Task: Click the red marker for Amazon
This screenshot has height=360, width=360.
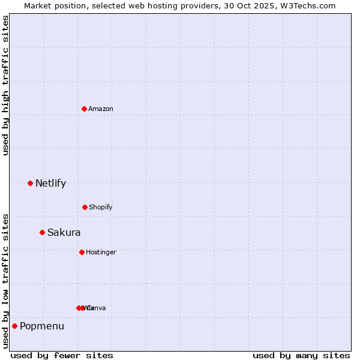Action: tap(84, 109)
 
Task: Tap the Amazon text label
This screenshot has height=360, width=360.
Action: tap(101, 109)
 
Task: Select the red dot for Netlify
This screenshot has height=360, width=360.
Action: tap(30, 183)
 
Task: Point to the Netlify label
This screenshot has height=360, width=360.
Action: tap(50, 183)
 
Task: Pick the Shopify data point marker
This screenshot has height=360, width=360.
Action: tap(85, 207)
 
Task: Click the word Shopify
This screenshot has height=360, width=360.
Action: tap(101, 207)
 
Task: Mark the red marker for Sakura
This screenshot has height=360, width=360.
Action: tap(42, 232)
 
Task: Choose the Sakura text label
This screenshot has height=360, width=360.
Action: tap(64, 232)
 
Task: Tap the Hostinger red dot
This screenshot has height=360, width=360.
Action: tap(82, 252)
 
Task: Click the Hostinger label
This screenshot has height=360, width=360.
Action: tap(101, 252)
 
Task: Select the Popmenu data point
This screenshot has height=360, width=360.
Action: tap(14, 326)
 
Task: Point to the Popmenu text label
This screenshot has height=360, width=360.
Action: tap(42, 326)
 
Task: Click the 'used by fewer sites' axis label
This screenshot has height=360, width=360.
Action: tap(62, 355)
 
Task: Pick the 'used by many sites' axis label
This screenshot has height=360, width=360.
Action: tap(301, 355)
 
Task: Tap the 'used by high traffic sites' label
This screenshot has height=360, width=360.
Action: tap(5, 85)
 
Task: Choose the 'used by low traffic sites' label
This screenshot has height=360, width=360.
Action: tap(5, 281)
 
